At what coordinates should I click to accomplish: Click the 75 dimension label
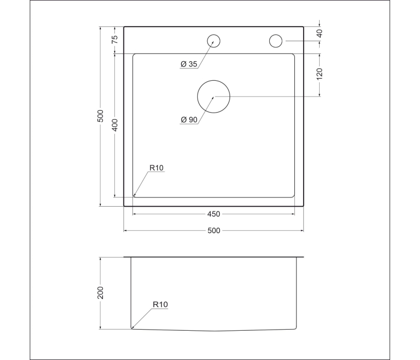(115, 39)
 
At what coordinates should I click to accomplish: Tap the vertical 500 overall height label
(101, 116)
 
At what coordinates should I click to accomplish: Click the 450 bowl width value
(214, 214)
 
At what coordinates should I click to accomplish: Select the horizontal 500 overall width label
(214, 230)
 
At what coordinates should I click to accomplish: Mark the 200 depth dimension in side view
(101, 293)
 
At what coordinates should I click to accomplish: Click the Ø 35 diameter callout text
(189, 64)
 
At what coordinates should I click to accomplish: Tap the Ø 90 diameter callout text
(189, 120)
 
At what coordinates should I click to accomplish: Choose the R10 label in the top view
(156, 168)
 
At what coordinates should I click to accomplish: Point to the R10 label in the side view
(160, 304)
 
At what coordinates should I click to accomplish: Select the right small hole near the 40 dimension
(276, 41)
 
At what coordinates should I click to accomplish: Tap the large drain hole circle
(214, 97)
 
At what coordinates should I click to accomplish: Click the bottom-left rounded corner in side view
(133, 327)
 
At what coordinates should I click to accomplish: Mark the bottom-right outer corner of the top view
(303, 206)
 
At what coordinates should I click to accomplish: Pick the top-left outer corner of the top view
(124, 26)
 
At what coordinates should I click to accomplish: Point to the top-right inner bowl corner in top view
(294, 54)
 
